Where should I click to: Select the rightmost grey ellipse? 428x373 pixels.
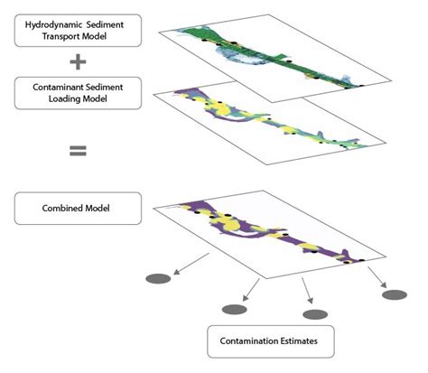click(x=394, y=294)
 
